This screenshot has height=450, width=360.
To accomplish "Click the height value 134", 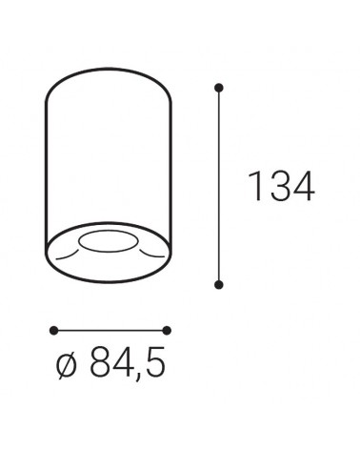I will tap(281, 188).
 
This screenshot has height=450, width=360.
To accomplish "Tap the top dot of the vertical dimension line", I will tap(220, 89).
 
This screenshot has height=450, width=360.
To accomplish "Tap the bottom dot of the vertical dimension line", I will tap(220, 284).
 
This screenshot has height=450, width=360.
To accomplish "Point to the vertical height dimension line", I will tap(220, 186).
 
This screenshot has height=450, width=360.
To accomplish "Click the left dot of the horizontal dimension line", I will tap(52, 330).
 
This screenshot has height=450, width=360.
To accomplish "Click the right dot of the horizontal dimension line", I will tap(167, 330).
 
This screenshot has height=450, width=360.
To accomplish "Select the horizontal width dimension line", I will tap(110, 330).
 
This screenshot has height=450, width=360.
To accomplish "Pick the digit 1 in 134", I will tap(254, 188).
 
